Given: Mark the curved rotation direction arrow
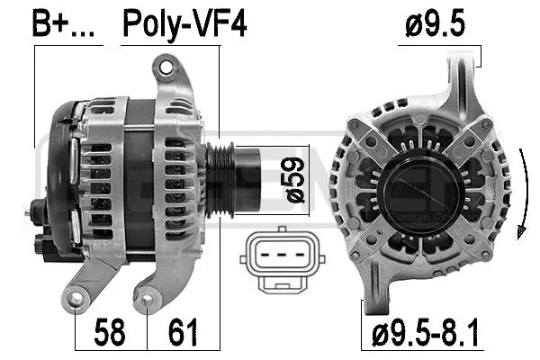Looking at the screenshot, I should (522, 193).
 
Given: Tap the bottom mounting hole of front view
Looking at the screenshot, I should (379, 287).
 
